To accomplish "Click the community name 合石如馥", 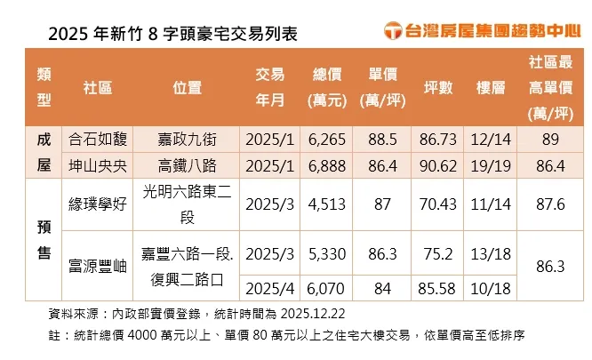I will pyautogui.click(x=97, y=140).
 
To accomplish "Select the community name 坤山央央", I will pyautogui.click(x=97, y=165).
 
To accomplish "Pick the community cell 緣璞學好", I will pyautogui.click(x=97, y=203).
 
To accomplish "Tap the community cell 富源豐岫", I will pyautogui.click(x=97, y=264).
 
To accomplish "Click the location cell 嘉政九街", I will pyautogui.click(x=188, y=140).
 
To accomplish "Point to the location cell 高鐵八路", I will pyautogui.click(x=188, y=165).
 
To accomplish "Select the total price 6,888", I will pyautogui.click(x=326, y=165).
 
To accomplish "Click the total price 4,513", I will pyautogui.click(x=326, y=203).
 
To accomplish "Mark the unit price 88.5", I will pyautogui.click(x=383, y=140).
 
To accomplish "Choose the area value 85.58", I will pyautogui.click(x=438, y=289).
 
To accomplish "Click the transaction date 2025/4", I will pyautogui.click(x=268, y=289).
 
